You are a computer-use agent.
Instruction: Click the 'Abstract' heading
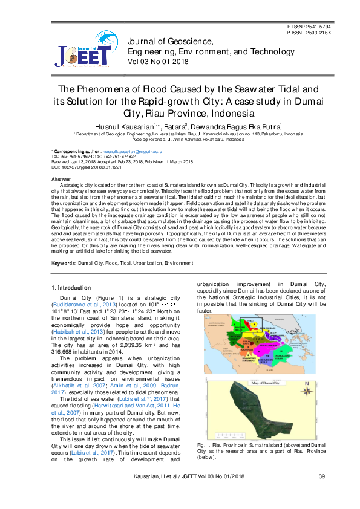(x=61, y=180)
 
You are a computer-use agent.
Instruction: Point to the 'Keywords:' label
(x=64, y=264)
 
